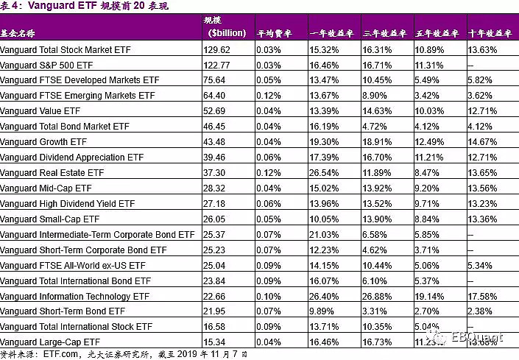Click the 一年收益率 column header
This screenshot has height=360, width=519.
(x=332, y=33)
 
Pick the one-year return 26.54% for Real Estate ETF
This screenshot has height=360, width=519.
(x=324, y=173)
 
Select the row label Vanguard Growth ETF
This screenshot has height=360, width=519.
(x=44, y=142)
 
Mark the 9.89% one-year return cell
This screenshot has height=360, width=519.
(x=322, y=311)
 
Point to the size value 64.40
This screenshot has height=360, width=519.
(x=214, y=96)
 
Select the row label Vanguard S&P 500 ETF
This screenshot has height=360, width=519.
(x=49, y=66)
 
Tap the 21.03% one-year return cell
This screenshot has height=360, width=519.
(x=324, y=234)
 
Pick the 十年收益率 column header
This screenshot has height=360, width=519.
(x=489, y=33)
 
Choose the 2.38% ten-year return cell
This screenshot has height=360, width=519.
(x=480, y=311)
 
